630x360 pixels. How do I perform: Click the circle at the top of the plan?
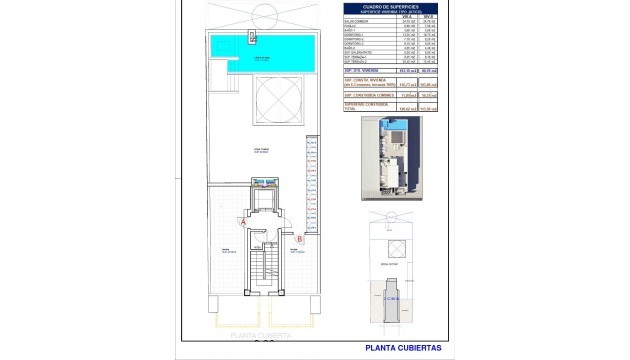tap(264, 15)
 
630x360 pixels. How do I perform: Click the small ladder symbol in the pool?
tap(252, 37)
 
